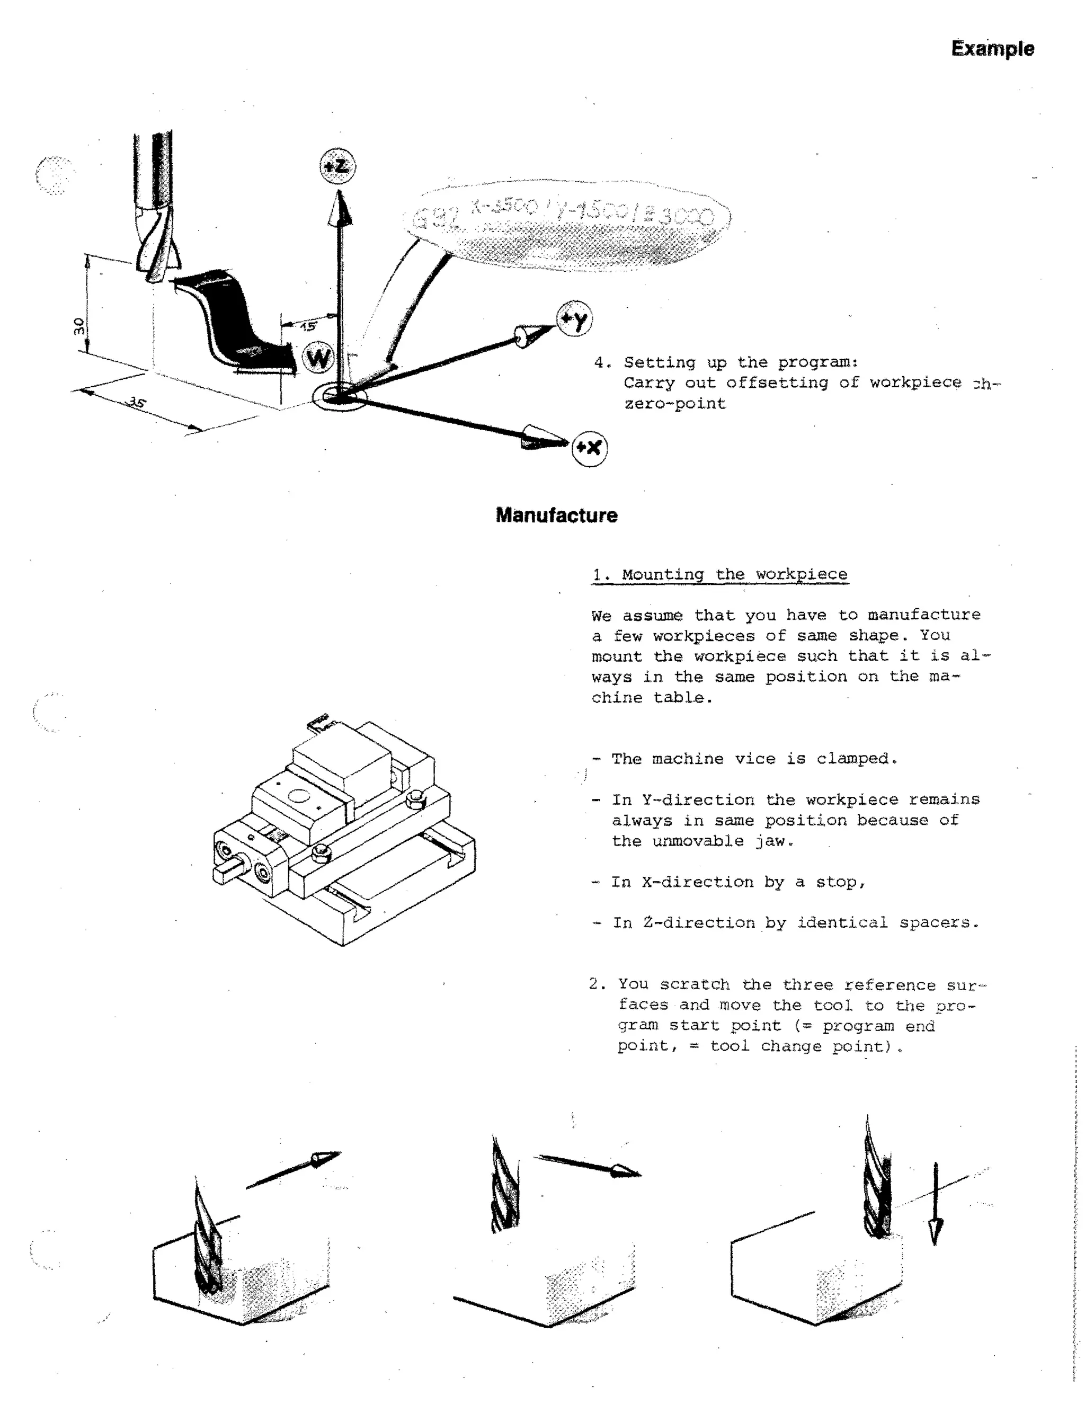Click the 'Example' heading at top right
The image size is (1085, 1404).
[992, 49]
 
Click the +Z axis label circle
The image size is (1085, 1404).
[337, 166]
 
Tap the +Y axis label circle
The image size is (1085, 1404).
[574, 319]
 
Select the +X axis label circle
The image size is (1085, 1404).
[590, 448]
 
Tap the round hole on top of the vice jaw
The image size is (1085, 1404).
[298, 796]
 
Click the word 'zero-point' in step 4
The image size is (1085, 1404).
[675, 404]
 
